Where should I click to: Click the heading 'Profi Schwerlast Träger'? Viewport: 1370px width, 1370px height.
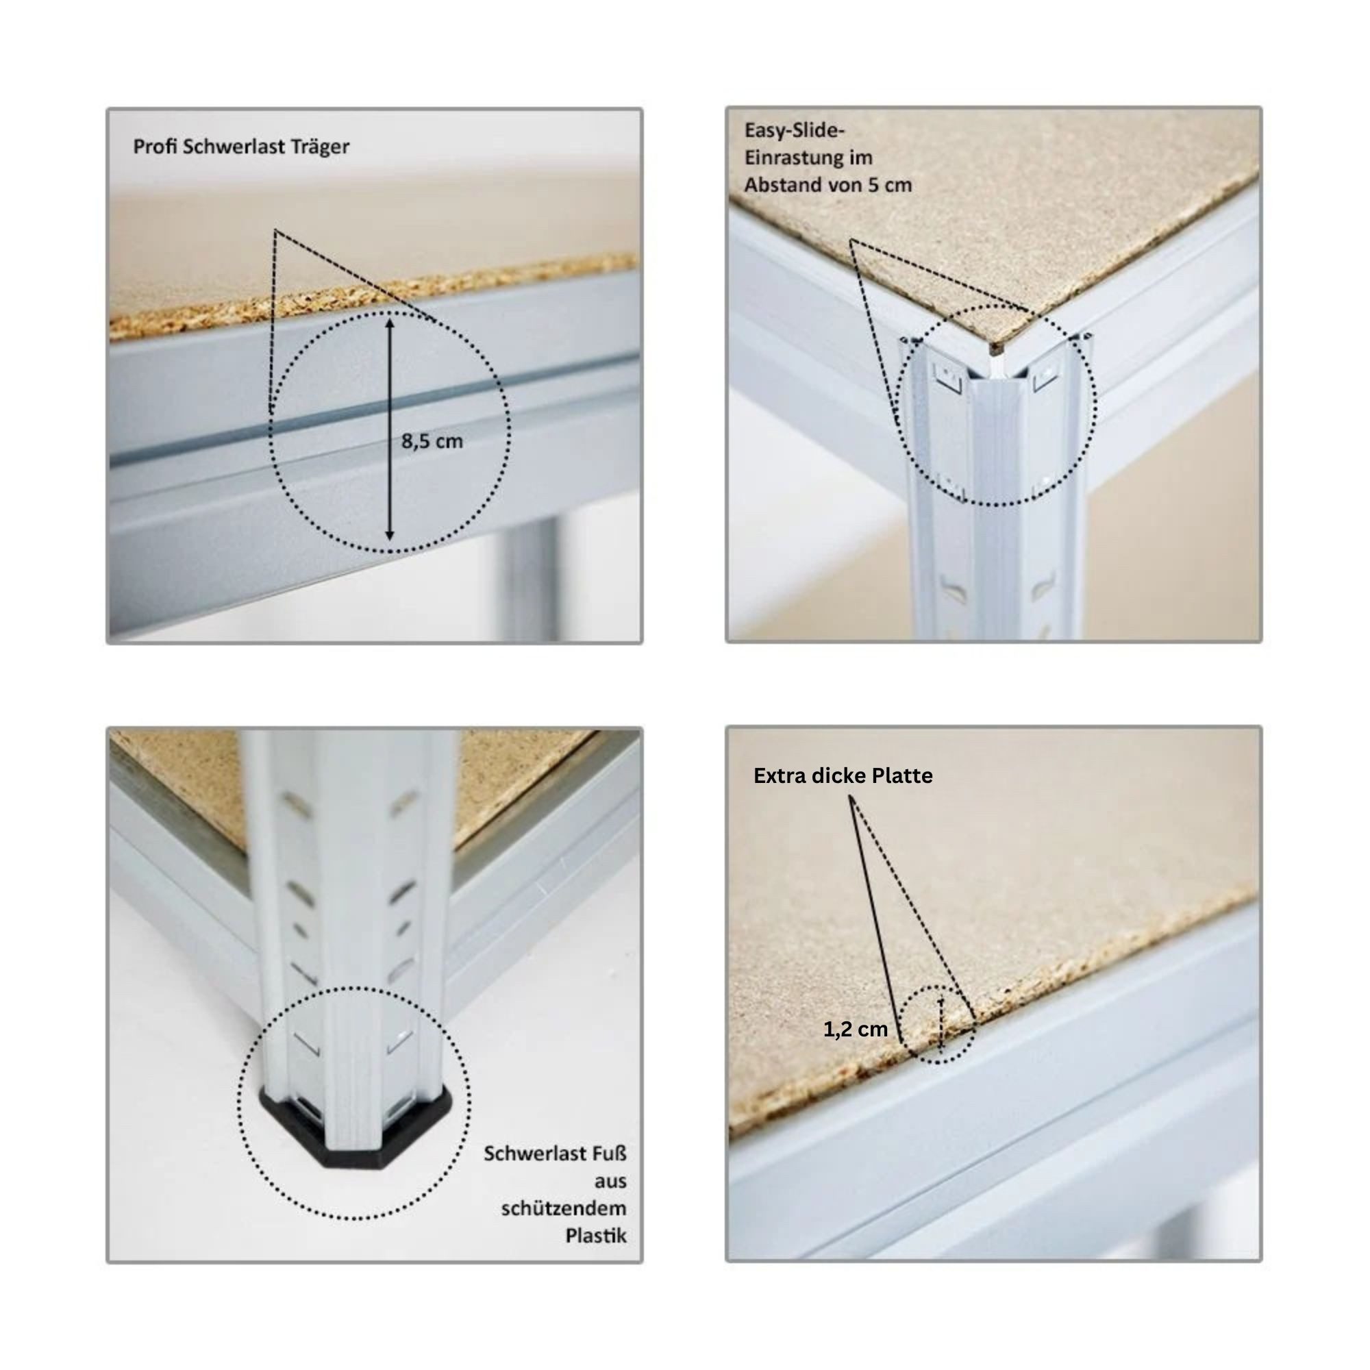click(241, 147)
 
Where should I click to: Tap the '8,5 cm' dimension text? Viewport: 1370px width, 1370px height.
click(432, 442)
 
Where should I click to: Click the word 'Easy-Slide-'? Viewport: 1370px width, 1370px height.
click(794, 130)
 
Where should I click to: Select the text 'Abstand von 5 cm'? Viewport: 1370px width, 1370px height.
click(827, 185)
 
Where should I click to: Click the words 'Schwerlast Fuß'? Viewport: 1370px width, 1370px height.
click(556, 1154)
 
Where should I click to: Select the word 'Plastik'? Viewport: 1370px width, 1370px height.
click(596, 1236)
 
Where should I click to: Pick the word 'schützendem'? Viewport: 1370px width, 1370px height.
click(564, 1208)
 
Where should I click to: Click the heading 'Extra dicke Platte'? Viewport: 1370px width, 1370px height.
click(843, 776)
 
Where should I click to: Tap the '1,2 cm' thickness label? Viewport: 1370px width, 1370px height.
click(855, 1030)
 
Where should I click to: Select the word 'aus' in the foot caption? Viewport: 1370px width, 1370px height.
click(610, 1182)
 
